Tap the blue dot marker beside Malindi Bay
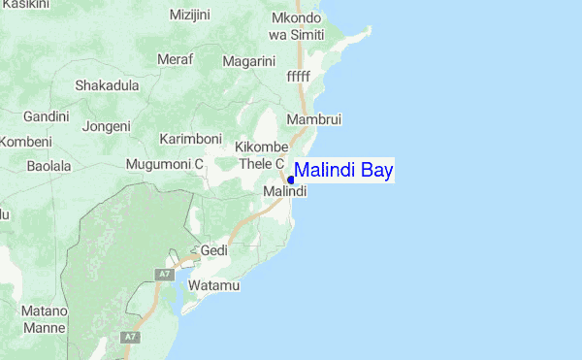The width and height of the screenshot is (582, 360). tap(291, 180)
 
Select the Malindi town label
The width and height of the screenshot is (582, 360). tap(285, 192)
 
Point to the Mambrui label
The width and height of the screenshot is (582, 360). tap(314, 119)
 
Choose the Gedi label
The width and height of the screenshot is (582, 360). tap(213, 250)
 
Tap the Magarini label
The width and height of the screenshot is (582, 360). tap(249, 61)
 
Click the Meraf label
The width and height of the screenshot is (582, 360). tap(175, 59)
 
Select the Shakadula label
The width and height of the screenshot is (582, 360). tap(107, 84)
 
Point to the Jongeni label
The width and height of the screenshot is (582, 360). tap(107, 126)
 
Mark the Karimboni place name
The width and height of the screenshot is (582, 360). tap(191, 139)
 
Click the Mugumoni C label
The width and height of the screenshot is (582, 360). tap(164, 165)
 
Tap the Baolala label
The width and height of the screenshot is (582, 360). tap(49, 167)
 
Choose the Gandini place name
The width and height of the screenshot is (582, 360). tap(47, 116)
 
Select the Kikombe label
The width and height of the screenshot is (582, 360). tap(262, 147)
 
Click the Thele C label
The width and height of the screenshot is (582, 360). tap(261, 164)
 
